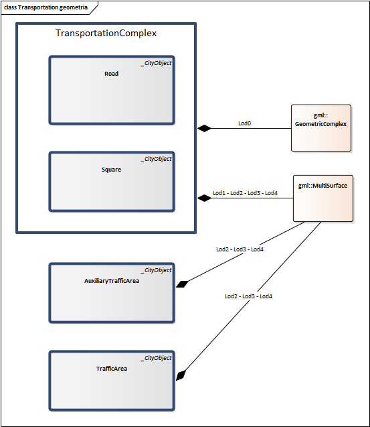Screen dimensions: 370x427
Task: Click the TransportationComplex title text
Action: click(x=106, y=34)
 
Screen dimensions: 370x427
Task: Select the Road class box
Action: click(x=112, y=90)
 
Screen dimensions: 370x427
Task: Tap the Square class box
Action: click(x=112, y=182)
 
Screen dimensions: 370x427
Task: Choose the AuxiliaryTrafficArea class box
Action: click(x=112, y=293)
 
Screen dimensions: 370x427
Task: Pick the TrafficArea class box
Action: click(x=112, y=381)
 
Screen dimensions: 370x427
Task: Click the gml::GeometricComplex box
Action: click(x=321, y=128)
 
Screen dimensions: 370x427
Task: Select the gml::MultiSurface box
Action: click(x=323, y=198)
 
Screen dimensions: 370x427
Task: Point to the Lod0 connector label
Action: click(x=245, y=123)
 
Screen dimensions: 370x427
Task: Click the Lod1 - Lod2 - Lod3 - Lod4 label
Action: click(x=245, y=193)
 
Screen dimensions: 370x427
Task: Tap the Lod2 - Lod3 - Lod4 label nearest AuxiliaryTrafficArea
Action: click(x=240, y=249)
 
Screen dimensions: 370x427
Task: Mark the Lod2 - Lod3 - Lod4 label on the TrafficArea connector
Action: click(x=248, y=296)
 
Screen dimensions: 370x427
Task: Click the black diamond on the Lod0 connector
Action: click(x=204, y=128)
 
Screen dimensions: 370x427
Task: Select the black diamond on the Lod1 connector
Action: click(x=204, y=198)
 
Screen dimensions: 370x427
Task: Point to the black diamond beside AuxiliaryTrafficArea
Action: click(x=182, y=284)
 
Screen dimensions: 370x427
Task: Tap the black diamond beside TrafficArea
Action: click(x=181, y=375)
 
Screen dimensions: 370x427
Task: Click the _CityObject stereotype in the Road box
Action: click(x=156, y=63)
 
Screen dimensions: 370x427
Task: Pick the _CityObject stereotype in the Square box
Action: click(x=156, y=159)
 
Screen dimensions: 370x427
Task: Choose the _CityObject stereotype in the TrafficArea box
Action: click(x=156, y=358)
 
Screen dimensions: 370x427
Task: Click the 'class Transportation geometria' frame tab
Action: click(x=46, y=7)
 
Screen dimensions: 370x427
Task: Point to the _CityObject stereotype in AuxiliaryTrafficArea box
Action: click(x=156, y=270)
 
